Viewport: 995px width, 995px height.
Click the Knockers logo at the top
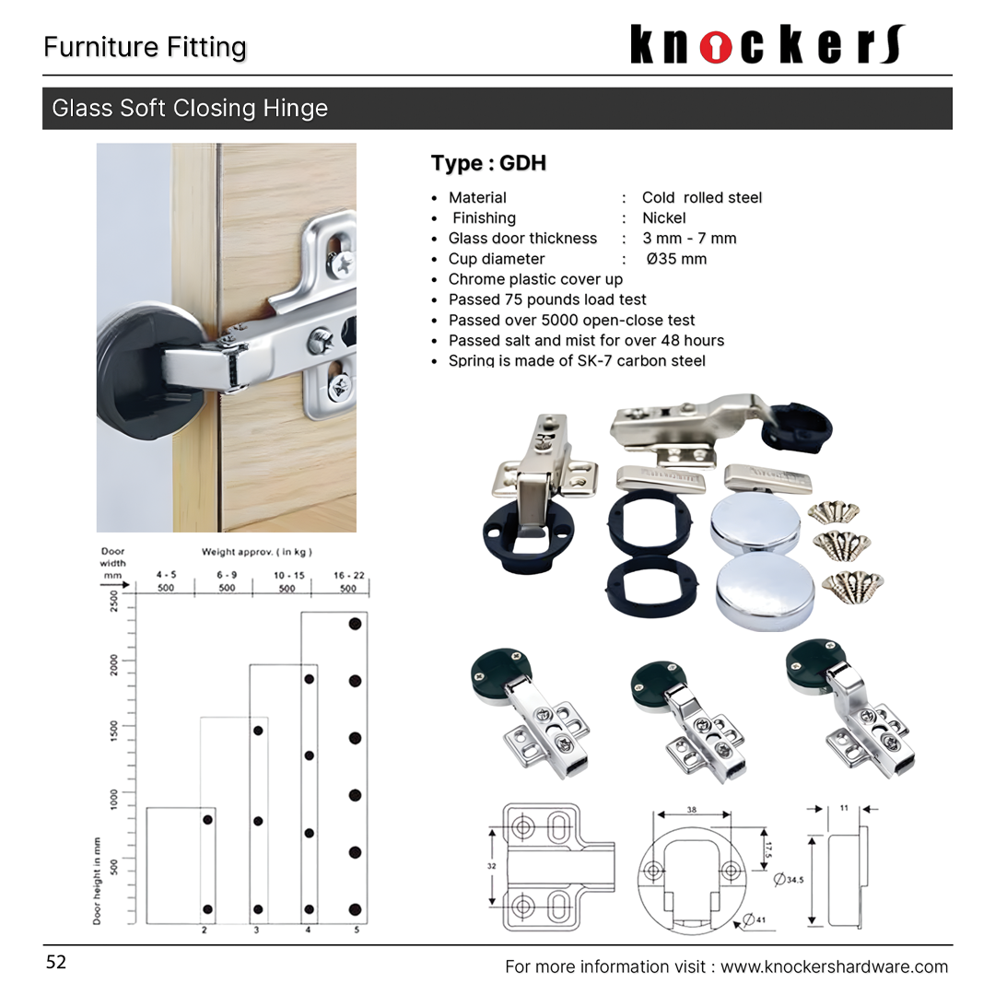pos(767,44)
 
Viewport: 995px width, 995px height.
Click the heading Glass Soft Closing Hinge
pos(190,108)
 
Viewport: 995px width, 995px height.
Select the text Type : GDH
pos(488,163)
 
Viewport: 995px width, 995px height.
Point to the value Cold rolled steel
pos(702,197)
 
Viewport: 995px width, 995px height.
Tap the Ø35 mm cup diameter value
pos(676,259)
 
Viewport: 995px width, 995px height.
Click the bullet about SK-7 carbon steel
pos(577,360)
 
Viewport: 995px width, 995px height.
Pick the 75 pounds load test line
pos(547,299)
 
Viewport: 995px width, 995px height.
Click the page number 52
pos(56,963)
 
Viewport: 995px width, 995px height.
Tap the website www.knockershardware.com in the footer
pos(834,966)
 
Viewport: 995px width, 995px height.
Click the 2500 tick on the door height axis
pos(114,601)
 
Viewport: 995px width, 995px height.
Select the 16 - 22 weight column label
pos(349,575)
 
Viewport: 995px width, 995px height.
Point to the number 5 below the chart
pos(357,931)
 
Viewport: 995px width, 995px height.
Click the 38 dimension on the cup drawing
pos(691,809)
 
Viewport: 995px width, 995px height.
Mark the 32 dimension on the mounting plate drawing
pos(492,866)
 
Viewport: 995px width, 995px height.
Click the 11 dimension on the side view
pos(844,808)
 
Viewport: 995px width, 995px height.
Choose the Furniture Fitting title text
pos(145,47)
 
